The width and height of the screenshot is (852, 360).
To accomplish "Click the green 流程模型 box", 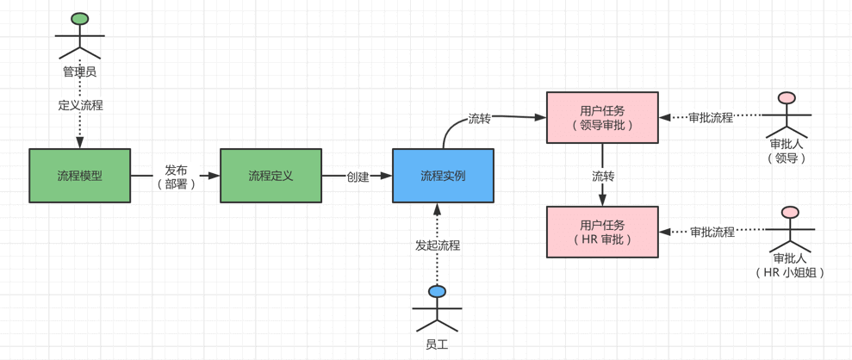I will tap(79, 176).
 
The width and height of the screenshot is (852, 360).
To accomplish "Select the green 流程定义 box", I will tap(271, 176).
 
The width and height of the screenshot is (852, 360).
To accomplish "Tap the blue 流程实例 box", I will tap(443, 176).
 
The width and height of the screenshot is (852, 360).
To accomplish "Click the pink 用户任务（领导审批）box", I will tap(602, 117).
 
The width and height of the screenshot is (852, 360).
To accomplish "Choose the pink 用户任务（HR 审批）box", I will tap(602, 232).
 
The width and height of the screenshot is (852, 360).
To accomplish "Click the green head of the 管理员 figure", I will tap(80, 19).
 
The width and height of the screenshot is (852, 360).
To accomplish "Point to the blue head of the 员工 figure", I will tap(438, 292).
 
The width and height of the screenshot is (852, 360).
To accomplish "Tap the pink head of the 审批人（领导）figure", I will tap(787, 98).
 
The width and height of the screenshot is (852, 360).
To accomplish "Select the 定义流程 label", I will tap(80, 105).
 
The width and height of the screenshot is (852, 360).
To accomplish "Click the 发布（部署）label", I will tap(176, 177).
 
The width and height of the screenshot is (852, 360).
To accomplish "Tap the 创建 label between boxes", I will tap(358, 177).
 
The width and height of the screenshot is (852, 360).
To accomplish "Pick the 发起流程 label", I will tap(438, 245).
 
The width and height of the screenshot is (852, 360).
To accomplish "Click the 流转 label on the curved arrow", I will tap(479, 118).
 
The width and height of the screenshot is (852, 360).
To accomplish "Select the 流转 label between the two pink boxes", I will tap(603, 176).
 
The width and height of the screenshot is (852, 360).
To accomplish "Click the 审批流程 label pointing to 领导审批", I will tap(711, 117).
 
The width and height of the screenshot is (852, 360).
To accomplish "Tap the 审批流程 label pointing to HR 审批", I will tap(712, 232).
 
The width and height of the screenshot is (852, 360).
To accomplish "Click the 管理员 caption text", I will tap(79, 71).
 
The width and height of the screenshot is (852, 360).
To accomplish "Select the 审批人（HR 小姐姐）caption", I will tap(790, 264).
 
